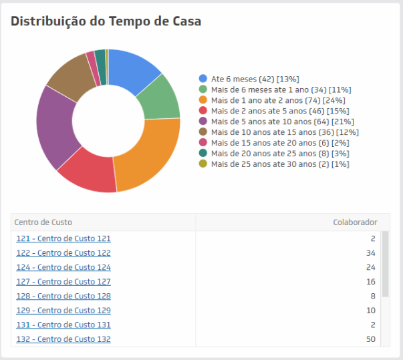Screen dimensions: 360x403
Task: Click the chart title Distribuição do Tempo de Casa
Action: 106,21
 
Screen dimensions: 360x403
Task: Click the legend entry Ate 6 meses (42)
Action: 251,79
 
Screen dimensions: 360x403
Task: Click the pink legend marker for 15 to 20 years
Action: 203,143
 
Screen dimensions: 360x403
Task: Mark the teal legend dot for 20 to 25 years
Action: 203,154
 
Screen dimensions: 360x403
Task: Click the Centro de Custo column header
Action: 43,222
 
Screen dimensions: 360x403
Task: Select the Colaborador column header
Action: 355,222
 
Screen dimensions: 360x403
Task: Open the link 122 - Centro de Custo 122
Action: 63,253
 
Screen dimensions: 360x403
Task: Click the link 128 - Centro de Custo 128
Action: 63,296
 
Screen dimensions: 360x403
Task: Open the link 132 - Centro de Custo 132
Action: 63,339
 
